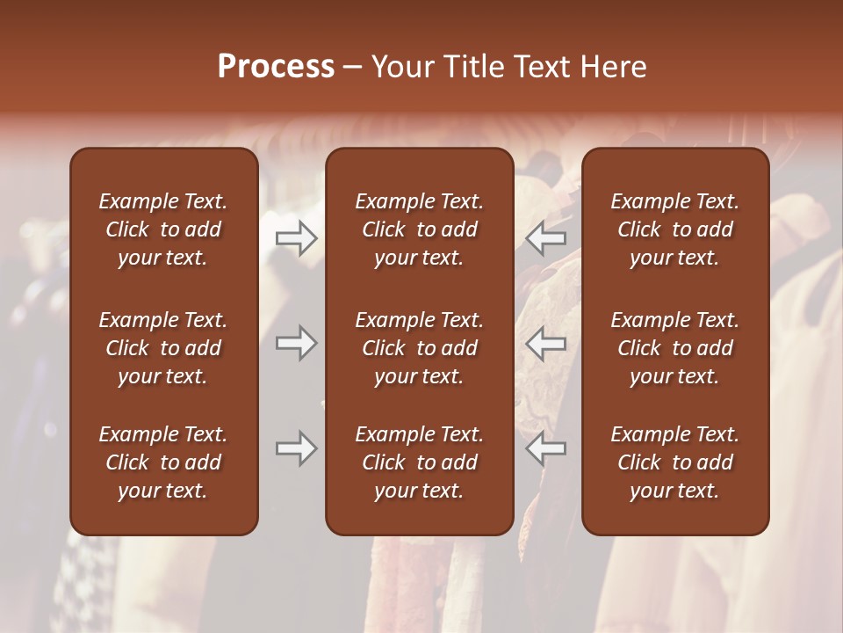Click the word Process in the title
point(276,67)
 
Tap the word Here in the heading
point(614,67)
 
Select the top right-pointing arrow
point(296,237)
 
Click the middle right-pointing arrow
point(296,343)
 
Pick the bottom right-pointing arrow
point(296,448)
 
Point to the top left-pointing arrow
point(546,237)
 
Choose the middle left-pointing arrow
point(546,343)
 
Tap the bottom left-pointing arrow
point(546,448)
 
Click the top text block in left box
point(163,229)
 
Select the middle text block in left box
point(163,348)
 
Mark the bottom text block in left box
point(163,462)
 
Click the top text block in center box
point(420,229)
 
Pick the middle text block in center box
point(420,348)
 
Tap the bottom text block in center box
point(420,462)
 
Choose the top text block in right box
point(675,229)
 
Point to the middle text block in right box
point(675,348)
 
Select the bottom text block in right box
point(675,462)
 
